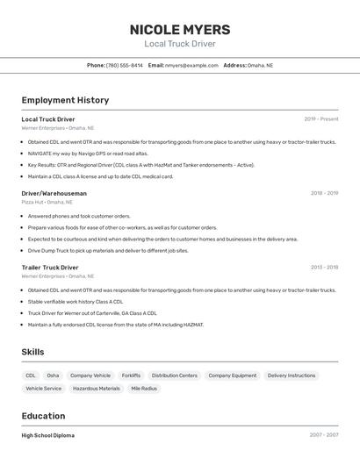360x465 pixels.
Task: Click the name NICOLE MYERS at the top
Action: click(180, 30)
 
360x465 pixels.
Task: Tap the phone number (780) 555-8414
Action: click(124, 65)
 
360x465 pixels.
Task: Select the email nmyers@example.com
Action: click(191, 65)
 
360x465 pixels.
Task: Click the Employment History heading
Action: click(65, 100)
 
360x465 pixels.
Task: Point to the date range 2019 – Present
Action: click(320, 119)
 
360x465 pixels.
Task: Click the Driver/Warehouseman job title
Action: click(54, 193)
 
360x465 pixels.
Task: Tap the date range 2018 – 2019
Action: click(324, 193)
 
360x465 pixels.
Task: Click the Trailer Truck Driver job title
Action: click(50, 268)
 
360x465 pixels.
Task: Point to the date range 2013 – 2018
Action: click(324, 268)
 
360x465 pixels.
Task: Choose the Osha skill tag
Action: click(54, 376)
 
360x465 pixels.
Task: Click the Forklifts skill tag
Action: click(131, 376)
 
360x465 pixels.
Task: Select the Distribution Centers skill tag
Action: click(175, 376)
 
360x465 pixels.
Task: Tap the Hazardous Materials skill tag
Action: click(97, 388)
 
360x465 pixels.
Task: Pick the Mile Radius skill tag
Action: click(144, 388)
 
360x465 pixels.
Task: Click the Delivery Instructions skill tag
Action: click(292, 376)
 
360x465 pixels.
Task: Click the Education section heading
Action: click(43, 416)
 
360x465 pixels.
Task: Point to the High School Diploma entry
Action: click(48, 435)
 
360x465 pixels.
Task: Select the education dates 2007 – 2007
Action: click(323, 435)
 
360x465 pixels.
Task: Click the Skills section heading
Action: click(33, 352)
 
